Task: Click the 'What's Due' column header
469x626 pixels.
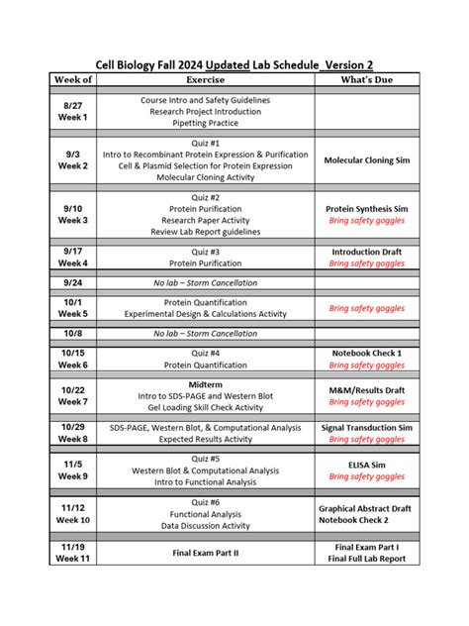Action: [368, 79]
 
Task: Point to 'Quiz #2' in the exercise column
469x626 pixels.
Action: [213, 197]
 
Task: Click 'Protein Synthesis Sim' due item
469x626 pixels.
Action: [368, 209]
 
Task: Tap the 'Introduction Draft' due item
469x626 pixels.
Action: [368, 252]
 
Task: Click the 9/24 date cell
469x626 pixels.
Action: [72, 282]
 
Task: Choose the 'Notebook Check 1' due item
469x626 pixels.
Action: [368, 353]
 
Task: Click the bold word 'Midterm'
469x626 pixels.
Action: [213, 383]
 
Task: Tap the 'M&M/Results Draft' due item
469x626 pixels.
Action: [368, 390]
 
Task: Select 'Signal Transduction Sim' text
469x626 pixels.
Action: [368, 427]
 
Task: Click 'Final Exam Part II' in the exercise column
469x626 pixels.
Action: [213, 553]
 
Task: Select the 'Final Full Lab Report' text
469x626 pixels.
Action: [368, 559]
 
